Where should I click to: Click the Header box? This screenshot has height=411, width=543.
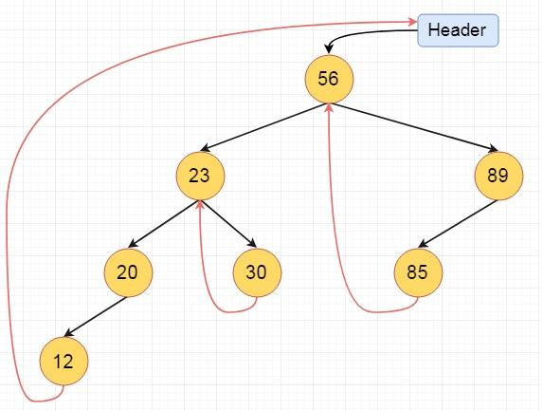pos(458,30)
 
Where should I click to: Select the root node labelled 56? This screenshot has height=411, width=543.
pos(329,79)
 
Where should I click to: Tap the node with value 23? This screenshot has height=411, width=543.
pos(200,176)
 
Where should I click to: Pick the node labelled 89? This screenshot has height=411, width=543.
pos(498,176)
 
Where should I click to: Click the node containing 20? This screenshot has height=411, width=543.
pos(128,272)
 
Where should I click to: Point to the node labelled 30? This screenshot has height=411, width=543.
pos(257,272)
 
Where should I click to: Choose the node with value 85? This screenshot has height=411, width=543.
pos(418,272)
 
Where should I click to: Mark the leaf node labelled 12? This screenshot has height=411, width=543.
pos(63,362)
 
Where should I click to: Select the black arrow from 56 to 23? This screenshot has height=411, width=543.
pos(263,127)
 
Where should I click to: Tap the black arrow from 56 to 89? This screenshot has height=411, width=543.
pos(414,127)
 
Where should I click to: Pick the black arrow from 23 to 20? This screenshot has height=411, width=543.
pos(164,224)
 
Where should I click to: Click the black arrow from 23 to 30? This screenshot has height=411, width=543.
pos(228,224)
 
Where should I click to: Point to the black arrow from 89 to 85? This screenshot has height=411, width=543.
pos(458,224)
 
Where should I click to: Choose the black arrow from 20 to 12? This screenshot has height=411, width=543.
pos(96,316)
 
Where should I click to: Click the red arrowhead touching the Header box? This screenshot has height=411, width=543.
pos(413,22)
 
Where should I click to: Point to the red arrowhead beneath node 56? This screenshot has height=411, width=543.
pos(329,107)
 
